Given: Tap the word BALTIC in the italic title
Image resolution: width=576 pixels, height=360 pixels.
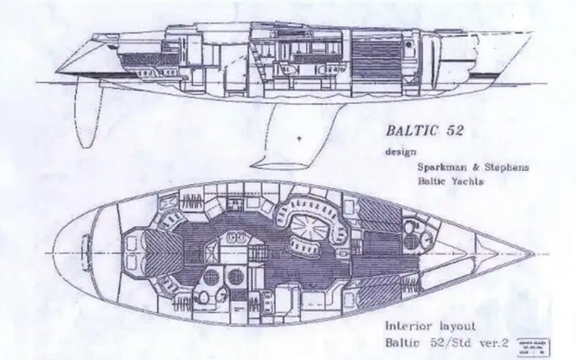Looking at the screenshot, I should (x=410, y=131).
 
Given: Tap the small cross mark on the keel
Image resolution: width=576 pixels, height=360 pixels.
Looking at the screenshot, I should (x=299, y=138).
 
